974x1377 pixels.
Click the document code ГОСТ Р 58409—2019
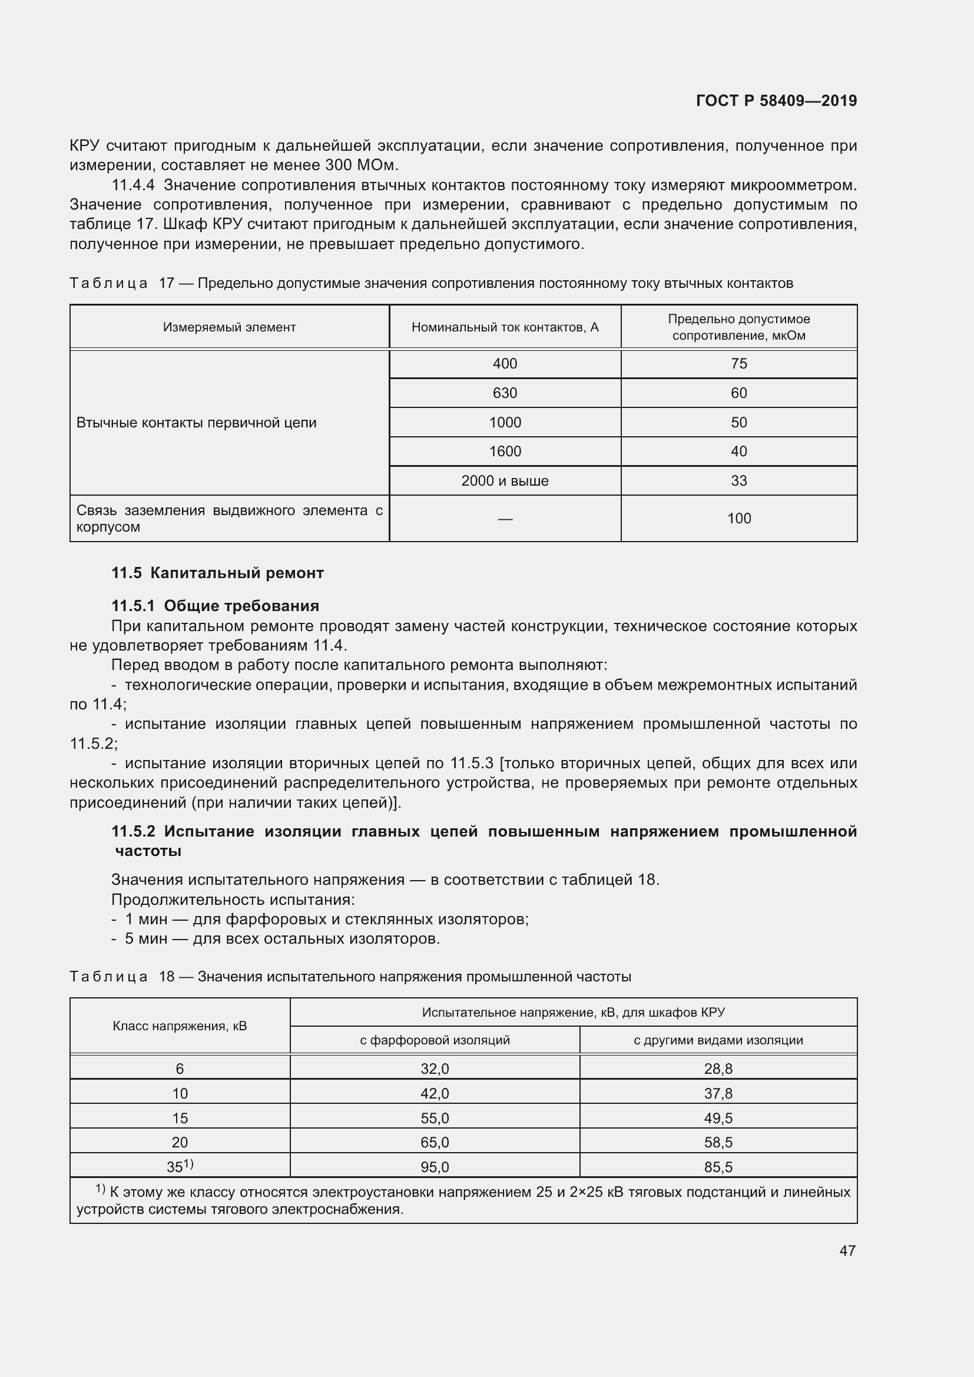[776, 101]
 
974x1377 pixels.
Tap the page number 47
[847, 1250]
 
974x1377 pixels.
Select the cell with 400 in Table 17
[505, 363]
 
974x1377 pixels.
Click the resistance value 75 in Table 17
[738, 363]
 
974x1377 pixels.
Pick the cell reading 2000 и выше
[505, 481]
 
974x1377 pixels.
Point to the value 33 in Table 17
[738, 481]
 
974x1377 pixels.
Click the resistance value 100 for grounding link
[738, 519]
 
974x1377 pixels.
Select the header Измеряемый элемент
[229, 327]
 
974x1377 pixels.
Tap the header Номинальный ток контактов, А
[505, 327]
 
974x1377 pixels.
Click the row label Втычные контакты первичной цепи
[196, 423]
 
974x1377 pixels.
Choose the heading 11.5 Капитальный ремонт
[217, 573]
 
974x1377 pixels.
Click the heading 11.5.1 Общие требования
[216, 606]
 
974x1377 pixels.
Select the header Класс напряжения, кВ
[180, 1026]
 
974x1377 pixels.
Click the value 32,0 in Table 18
[434, 1069]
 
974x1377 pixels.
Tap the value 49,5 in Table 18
[718, 1118]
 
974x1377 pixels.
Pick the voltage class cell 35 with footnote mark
[180, 1166]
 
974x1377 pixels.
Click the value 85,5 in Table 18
[718, 1167]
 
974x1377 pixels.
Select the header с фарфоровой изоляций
[434, 1040]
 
